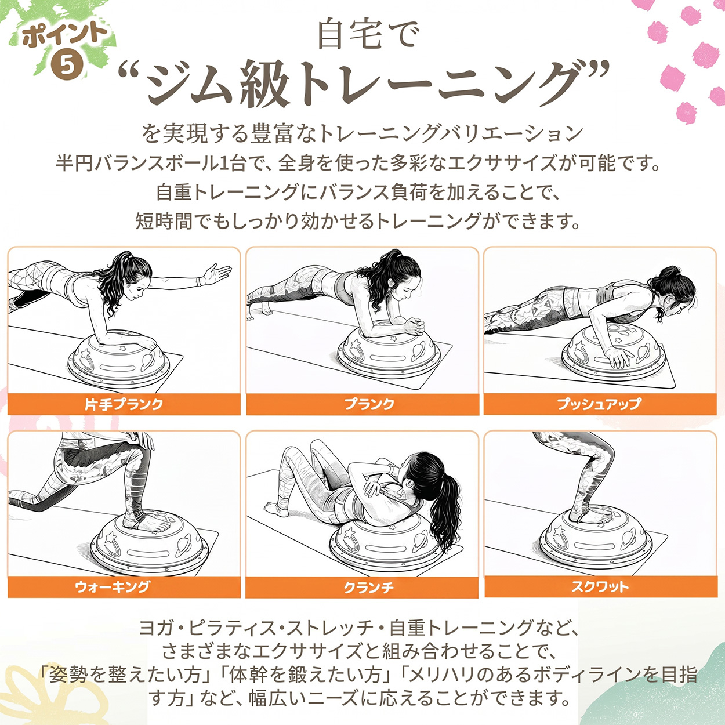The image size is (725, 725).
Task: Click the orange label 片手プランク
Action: coord(124,404)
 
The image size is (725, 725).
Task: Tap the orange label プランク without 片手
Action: coord(369,404)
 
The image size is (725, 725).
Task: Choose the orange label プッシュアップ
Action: coord(599,404)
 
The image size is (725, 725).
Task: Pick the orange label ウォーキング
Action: coord(113,586)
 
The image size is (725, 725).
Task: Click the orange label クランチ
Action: coord(369,588)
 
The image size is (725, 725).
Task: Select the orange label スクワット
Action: coord(600,586)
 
